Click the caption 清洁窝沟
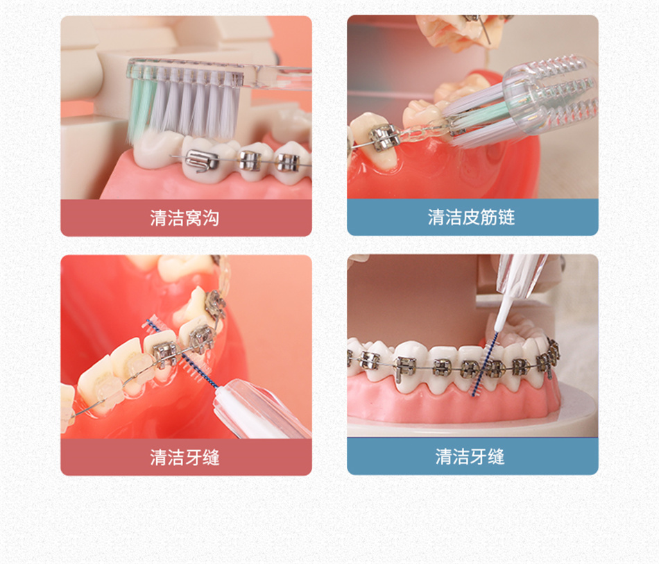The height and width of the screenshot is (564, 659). [185, 218]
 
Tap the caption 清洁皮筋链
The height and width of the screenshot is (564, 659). [471, 217]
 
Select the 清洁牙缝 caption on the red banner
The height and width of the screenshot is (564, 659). [185, 457]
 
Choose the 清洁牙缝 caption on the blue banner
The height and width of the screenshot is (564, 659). [470, 456]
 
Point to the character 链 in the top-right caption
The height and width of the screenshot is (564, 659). [506, 217]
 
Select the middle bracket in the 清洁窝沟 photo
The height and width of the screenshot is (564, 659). [249, 160]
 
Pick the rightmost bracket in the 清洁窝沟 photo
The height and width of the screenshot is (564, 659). [288, 163]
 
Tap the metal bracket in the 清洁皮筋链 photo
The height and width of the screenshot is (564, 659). [384, 138]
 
